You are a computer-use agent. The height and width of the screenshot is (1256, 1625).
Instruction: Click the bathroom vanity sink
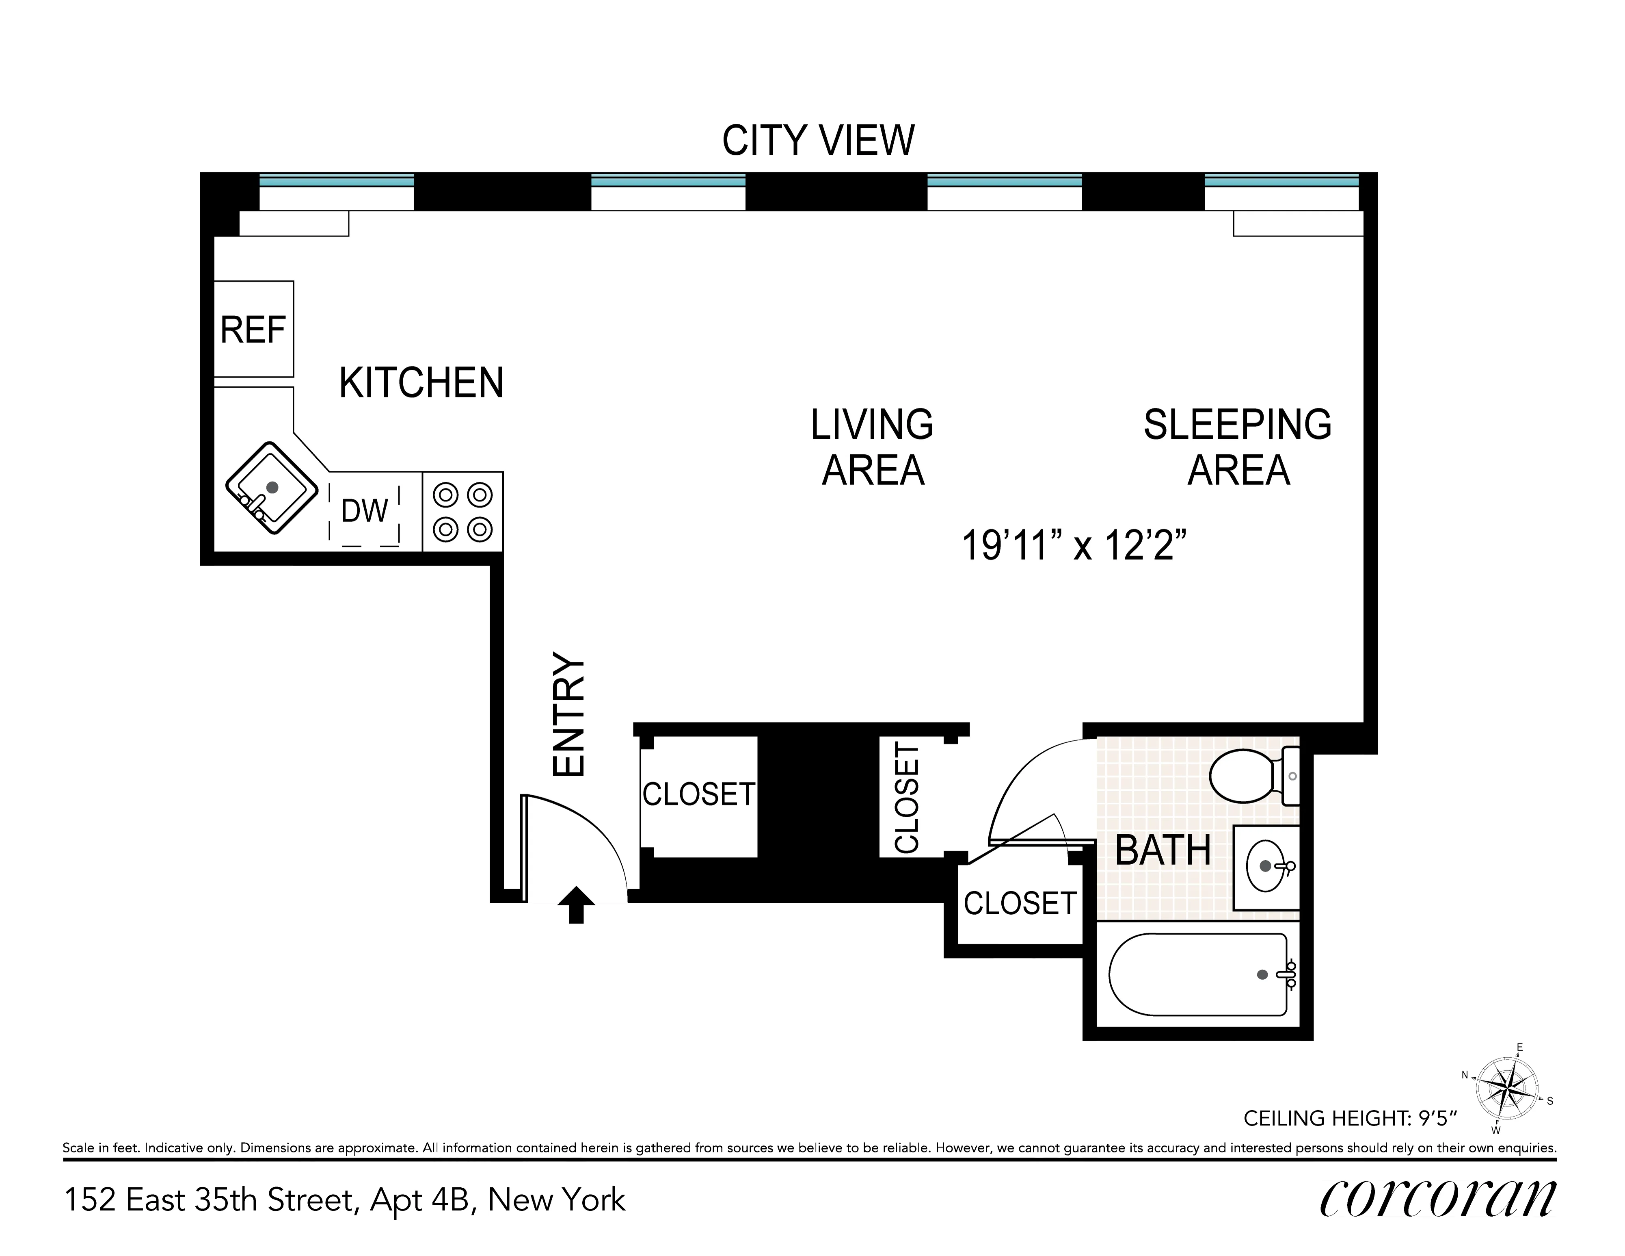pyautogui.click(x=1266, y=867)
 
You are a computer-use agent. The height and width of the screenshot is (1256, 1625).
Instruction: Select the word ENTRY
pyautogui.click(x=570, y=715)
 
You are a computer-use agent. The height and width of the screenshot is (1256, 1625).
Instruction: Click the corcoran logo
pyautogui.click(x=1437, y=1199)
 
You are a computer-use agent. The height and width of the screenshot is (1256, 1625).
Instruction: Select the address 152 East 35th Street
pyautogui.click(x=344, y=1200)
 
